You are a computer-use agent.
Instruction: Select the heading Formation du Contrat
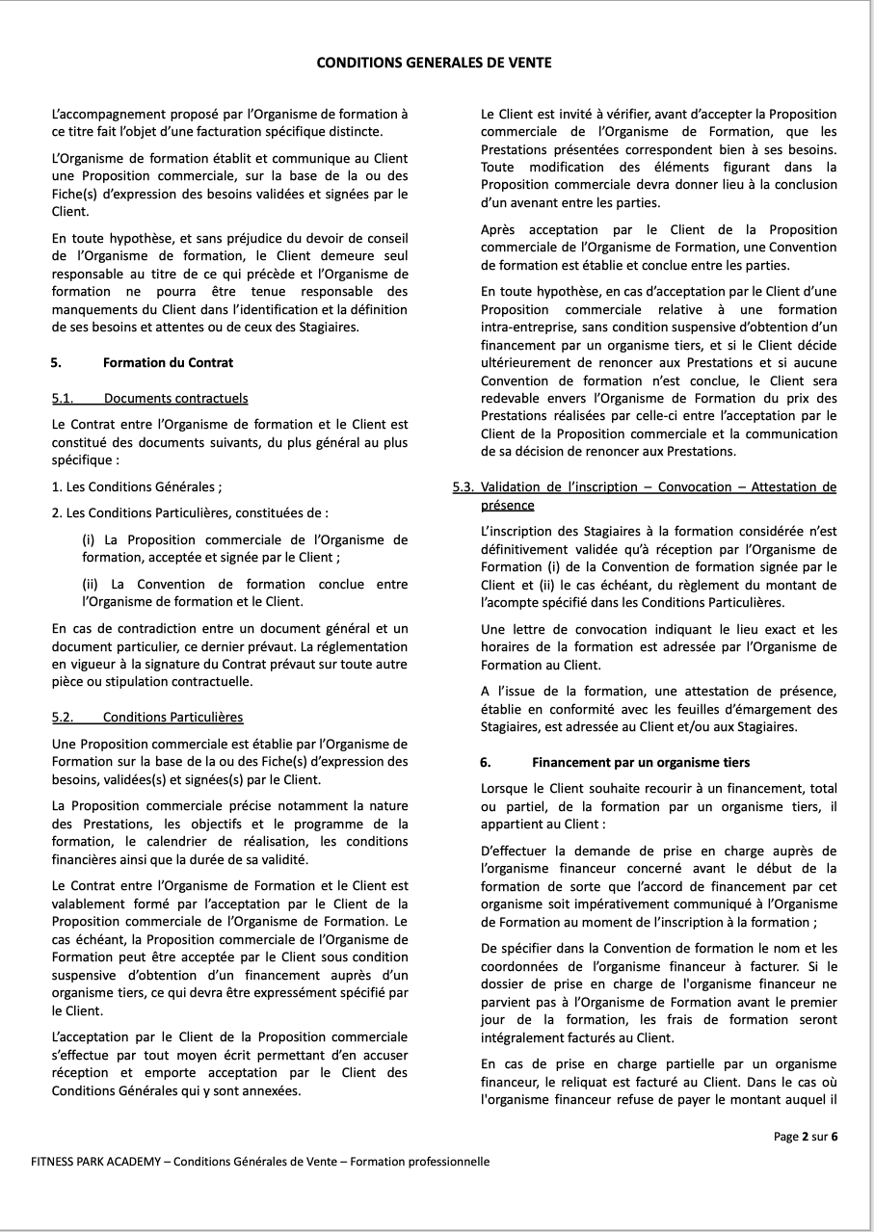pyautogui.click(x=168, y=363)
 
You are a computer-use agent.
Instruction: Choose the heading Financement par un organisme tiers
pyautogui.click(x=641, y=762)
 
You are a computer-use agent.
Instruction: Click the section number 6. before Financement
pyautogui.click(x=486, y=762)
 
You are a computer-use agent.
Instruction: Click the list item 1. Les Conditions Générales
pyautogui.click(x=137, y=487)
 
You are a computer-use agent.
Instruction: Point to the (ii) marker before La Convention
pyautogui.click(x=91, y=584)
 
